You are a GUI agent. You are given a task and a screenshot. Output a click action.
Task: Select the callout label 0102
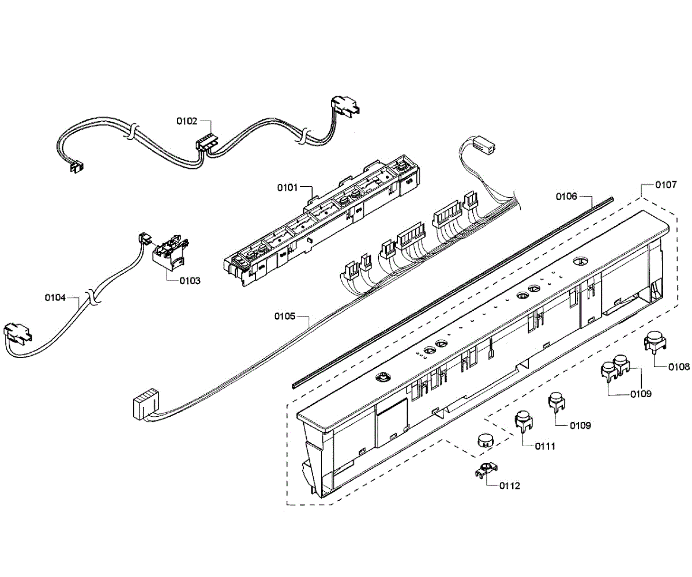[x=186, y=122]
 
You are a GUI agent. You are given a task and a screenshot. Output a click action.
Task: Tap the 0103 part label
[x=190, y=281]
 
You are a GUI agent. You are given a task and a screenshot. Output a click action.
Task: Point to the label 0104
[x=55, y=298]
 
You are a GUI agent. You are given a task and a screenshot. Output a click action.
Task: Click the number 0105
[x=285, y=316]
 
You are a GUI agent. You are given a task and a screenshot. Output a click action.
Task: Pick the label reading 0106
[x=566, y=197]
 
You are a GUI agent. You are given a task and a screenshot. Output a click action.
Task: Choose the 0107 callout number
[x=666, y=185]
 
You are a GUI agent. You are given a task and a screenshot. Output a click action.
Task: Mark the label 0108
[x=679, y=367]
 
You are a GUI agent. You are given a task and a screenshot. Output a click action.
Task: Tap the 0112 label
[x=510, y=486]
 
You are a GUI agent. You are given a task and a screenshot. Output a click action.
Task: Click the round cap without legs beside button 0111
[x=486, y=442]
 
